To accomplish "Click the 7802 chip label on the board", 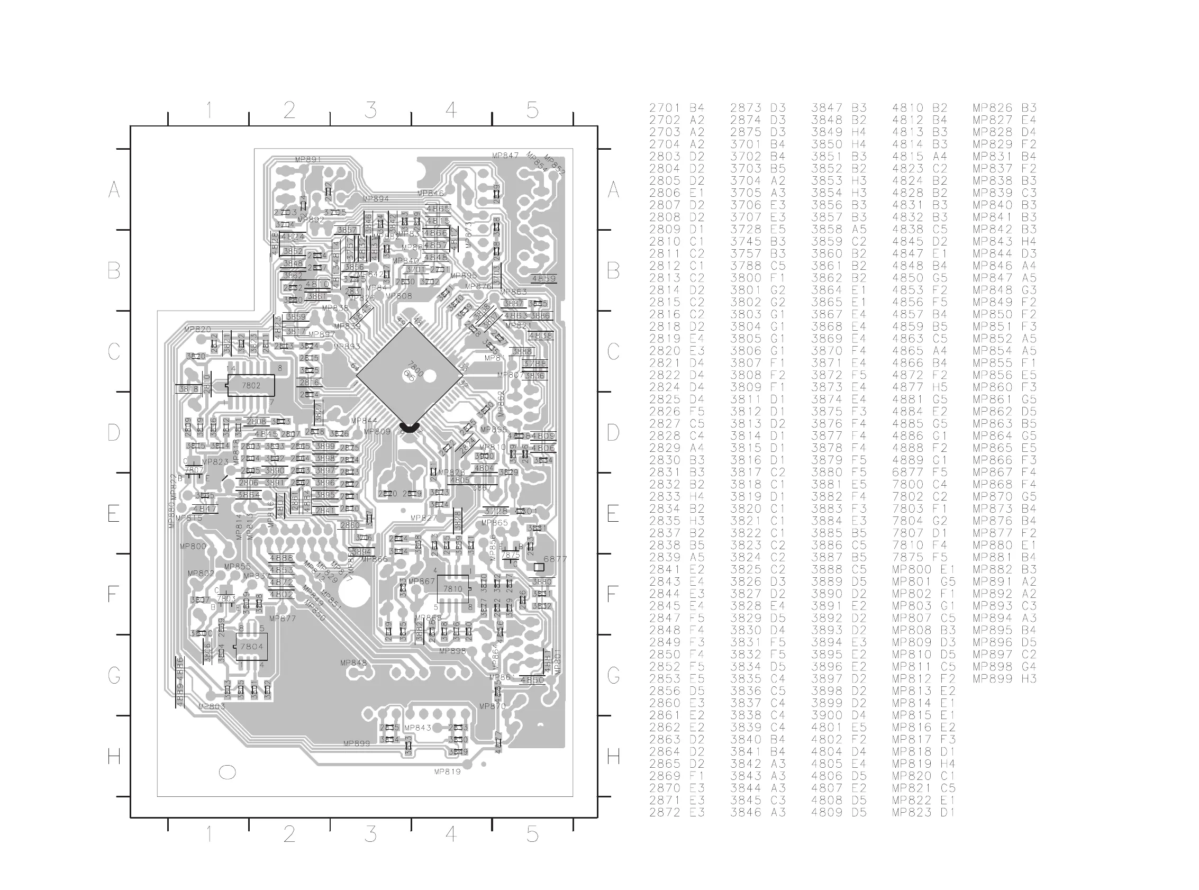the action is tap(251, 386).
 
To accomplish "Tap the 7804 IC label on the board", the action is tap(251, 647).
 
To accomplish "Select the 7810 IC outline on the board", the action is tap(453, 589).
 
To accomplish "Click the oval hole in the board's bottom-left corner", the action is tap(228, 772).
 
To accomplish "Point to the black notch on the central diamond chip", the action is tap(410, 429).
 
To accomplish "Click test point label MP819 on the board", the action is tap(447, 771).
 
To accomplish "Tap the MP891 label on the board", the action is tap(308, 159).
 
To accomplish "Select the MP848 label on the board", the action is tap(353, 663).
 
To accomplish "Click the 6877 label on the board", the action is tap(555, 559).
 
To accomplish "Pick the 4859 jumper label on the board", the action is tap(543, 278).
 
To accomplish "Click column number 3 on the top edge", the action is tap(370, 111).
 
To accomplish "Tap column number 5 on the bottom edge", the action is tap(532, 834).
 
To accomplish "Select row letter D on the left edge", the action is tap(114, 433).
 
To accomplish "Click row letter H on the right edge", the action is tap(613, 757).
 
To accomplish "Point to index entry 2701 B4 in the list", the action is tap(677, 108).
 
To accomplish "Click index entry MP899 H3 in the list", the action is tap(1004, 679).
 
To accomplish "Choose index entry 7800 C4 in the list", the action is tap(919, 484).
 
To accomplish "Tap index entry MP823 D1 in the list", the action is tap(923, 812).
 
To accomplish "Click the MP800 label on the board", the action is tap(193, 546).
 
